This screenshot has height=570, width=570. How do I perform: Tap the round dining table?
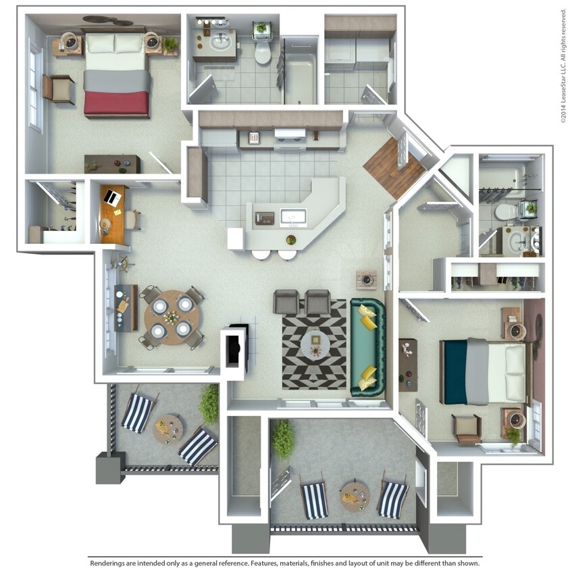[172, 317]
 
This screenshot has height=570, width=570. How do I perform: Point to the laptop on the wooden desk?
[110, 199]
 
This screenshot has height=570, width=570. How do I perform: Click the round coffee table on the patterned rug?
[315, 344]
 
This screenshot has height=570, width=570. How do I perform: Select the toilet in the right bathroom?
[504, 212]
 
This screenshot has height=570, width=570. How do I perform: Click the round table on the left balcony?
[167, 428]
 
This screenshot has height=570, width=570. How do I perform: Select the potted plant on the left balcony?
[209, 405]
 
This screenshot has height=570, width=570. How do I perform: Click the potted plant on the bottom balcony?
[283, 439]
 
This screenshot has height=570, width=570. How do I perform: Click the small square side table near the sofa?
[367, 278]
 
